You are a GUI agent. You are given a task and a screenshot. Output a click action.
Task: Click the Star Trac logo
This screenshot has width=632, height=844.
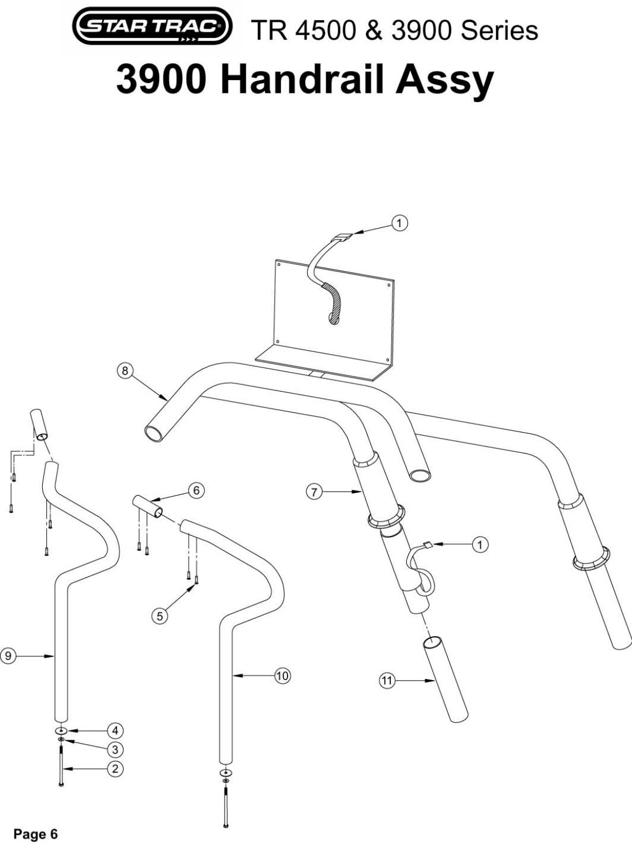click(x=152, y=26)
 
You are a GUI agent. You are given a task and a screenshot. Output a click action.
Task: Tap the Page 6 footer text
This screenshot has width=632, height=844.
click(x=36, y=834)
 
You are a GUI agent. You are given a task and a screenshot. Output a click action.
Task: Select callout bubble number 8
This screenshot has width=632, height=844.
click(x=125, y=370)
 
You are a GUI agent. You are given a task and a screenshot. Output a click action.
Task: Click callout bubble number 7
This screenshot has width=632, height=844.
click(x=313, y=492)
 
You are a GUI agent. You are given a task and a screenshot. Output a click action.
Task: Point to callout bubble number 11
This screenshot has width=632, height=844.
click(x=386, y=681)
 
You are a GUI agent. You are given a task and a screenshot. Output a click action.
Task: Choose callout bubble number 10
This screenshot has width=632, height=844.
click(x=282, y=675)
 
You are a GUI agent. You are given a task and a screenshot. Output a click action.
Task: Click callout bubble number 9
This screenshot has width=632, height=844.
click(x=8, y=655)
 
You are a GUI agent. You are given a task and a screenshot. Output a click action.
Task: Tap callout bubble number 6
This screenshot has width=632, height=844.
click(x=196, y=490)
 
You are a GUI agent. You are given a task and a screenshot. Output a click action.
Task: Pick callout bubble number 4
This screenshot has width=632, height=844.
click(x=115, y=731)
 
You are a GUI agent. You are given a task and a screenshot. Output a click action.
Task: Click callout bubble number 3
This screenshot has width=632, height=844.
click(x=115, y=749)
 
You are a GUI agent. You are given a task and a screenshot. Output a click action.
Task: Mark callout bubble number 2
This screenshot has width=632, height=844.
click(x=115, y=768)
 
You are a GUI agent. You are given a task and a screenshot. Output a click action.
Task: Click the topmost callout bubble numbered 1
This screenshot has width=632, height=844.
click(x=399, y=223)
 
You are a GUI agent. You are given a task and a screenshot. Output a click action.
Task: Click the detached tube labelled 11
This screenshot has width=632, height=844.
click(x=446, y=678)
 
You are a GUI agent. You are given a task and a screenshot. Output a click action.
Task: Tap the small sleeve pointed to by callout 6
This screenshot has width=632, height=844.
click(x=148, y=506)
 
